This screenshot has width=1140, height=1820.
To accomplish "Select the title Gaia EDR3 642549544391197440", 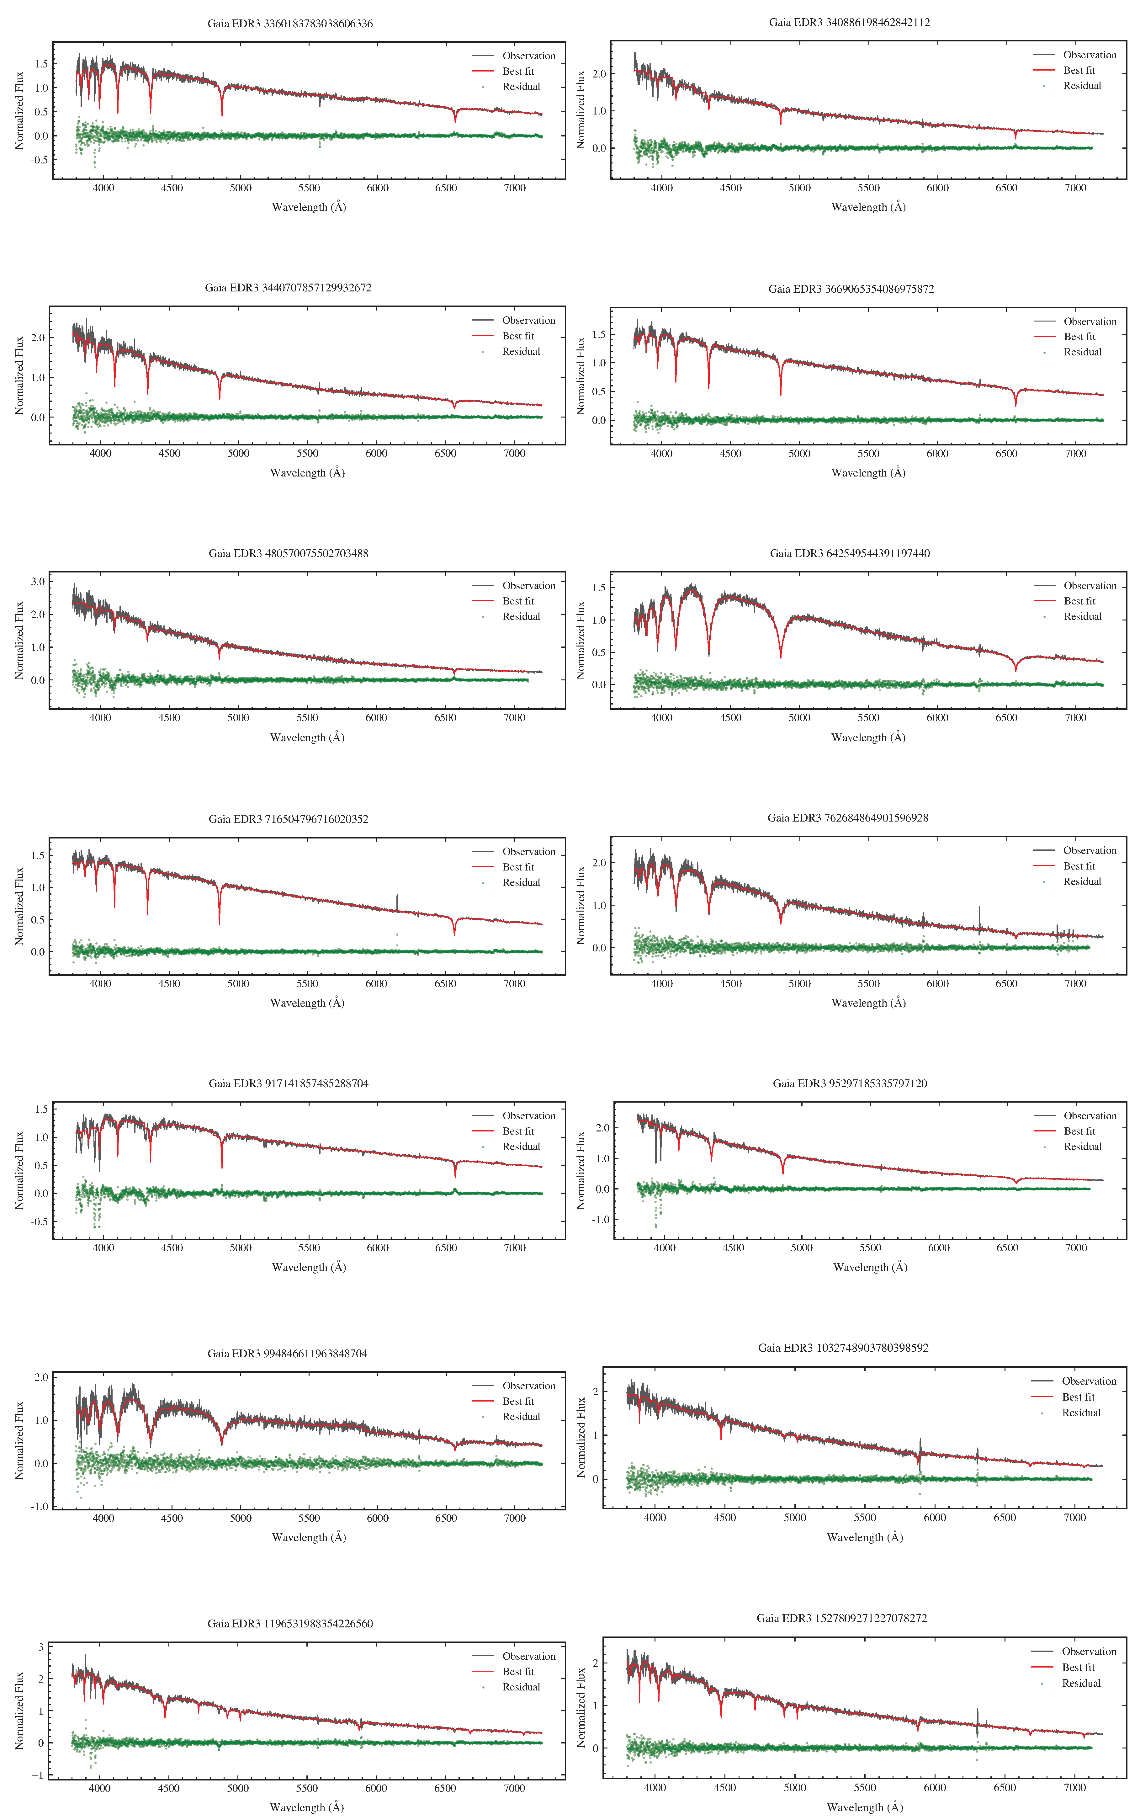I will pyautogui.click(x=850, y=553).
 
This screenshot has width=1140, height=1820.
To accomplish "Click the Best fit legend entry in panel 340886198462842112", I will pyautogui.click(x=1078, y=70).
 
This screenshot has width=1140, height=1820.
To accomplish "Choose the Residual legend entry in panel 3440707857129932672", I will pyautogui.click(x=521, y=351).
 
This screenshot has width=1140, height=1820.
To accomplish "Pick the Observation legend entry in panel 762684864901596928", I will pyautogui.click(x=1090, y=850).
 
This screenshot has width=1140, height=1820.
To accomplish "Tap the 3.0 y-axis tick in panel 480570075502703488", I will pyautogui.click(x=38, y=581).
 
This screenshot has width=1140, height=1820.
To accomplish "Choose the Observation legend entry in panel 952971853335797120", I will pyautogui.click(x=1090, y=1116).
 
